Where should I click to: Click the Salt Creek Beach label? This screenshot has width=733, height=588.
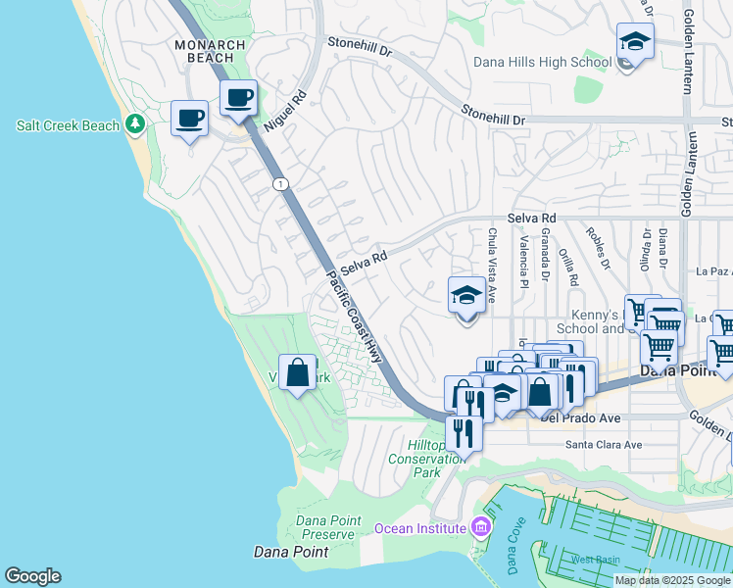(68, 126)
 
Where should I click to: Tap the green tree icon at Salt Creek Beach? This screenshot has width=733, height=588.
(135, 125)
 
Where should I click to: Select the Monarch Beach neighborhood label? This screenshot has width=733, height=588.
(204, 51)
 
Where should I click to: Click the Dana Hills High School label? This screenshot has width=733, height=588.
(542, 63)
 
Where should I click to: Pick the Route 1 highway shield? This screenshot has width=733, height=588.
(281, 184)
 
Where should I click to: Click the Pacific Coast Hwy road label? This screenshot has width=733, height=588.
(355, 315)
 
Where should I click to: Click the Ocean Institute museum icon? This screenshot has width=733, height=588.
(479, 528)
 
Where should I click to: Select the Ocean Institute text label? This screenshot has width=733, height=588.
(419, 529)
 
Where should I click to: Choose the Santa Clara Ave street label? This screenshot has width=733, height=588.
(604, 445)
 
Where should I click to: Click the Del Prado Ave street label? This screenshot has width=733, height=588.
(580, 418)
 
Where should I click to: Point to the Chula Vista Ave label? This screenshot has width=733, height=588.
(492, 253)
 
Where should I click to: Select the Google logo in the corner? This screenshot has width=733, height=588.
(32, 576)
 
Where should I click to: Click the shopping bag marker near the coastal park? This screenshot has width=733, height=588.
(297, 373)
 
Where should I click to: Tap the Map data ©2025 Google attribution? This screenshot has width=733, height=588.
(672, 580)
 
